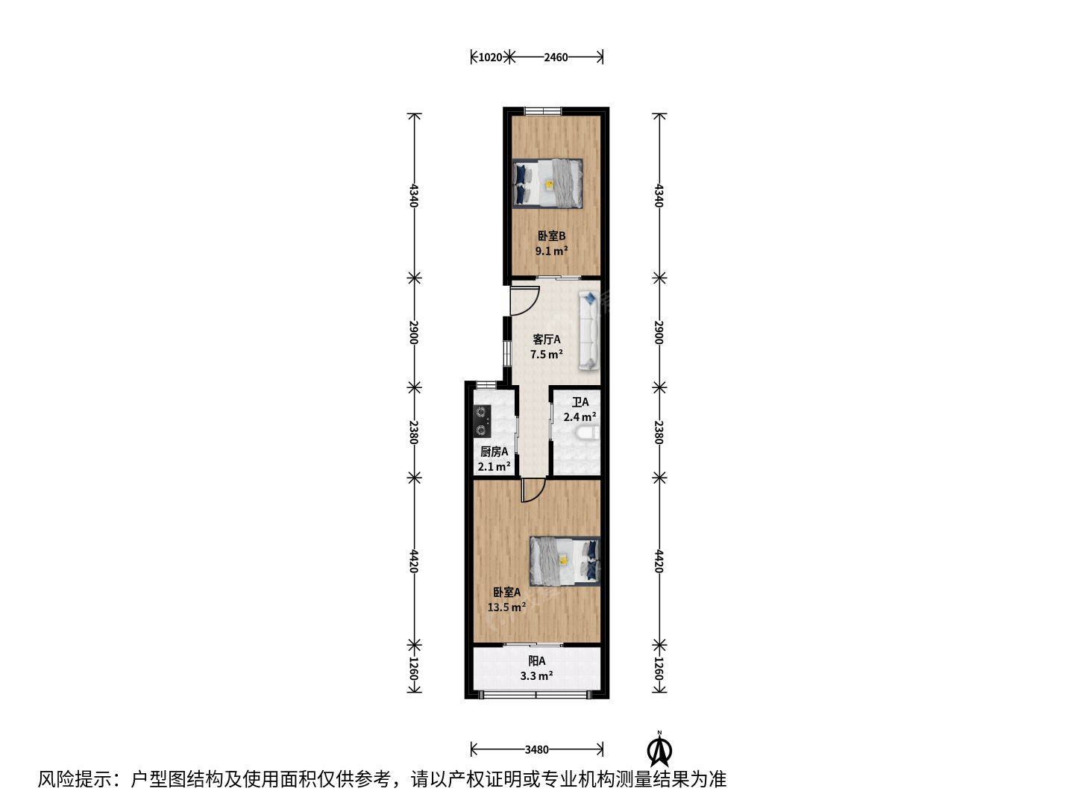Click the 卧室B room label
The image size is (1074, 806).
pos(551,236)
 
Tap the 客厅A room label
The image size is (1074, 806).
pos(546,339)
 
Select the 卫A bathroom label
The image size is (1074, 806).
pos(580,402)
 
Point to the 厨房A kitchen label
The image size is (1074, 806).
pos(494,452)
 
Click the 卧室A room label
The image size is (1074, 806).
pos(506,592)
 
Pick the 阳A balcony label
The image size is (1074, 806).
pos(536,661)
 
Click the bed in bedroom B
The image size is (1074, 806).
pos(547,184)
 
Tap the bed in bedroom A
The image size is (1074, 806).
pos(565,560)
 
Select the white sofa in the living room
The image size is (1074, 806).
pos(589,331)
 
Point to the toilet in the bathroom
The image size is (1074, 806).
pos(586,433)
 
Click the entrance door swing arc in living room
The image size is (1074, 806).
pos(531,306)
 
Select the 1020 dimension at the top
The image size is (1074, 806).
pos(490,57)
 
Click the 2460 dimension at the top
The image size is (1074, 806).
pos(556,57)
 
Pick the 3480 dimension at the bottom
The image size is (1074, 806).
pos(536,749)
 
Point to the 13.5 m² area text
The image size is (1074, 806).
pos(506,607)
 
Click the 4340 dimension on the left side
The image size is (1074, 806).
pos(414,196)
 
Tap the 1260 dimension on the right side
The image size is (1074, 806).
pos(659,669)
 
